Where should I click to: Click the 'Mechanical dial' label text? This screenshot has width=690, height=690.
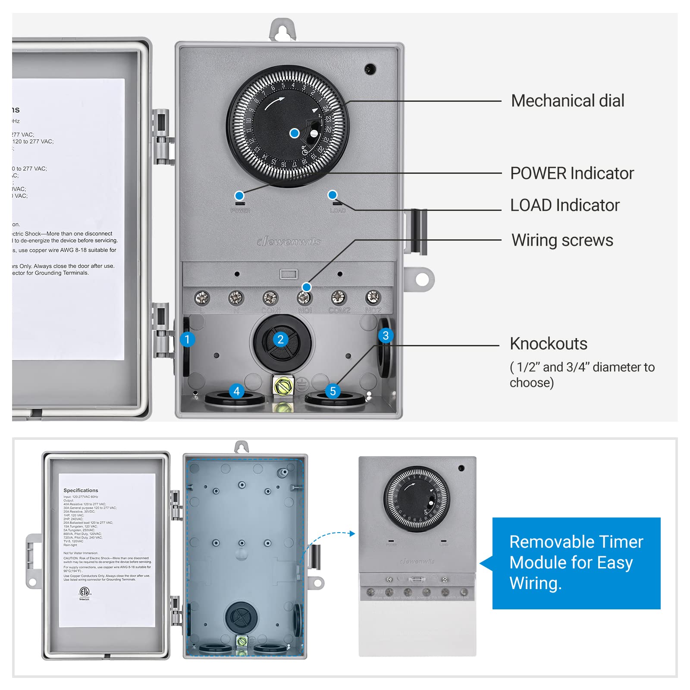567,101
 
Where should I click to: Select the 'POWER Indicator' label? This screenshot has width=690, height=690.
571,173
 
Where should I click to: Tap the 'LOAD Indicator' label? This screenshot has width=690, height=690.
565,205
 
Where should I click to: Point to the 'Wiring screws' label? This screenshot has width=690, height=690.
562,240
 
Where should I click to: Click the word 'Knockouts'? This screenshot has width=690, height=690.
548,344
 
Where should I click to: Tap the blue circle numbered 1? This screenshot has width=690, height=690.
187,339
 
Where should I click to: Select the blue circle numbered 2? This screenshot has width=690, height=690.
280,339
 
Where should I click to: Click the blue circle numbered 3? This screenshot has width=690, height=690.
386,336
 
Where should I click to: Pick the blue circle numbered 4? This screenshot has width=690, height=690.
236,391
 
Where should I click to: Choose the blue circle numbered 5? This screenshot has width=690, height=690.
332,391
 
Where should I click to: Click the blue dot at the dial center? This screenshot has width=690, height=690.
295,133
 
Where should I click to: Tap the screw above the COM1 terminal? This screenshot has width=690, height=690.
270,298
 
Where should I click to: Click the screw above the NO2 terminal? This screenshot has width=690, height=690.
373,297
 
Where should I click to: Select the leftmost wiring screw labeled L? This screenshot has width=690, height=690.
202,298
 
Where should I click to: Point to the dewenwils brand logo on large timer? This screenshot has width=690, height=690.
289,241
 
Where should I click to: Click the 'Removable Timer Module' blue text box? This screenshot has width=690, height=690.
576,563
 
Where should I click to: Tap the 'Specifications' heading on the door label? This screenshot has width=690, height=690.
81,490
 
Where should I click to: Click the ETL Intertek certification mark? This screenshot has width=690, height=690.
85,593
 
